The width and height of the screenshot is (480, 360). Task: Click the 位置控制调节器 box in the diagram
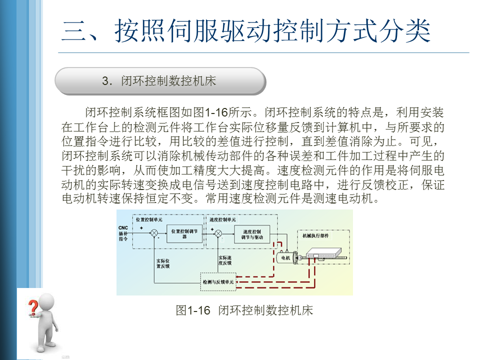(x=184, y=234)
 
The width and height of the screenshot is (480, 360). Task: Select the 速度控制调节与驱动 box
(x=252, y=234)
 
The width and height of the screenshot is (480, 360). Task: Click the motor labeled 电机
(x=286, y=257)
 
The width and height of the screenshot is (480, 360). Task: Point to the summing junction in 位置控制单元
(x=154, y=233)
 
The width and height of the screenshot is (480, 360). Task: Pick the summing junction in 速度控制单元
(x=218, y=233)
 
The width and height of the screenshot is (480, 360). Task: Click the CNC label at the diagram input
(x=123, y=227)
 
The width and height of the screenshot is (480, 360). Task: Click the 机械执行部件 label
(x=316, y=234)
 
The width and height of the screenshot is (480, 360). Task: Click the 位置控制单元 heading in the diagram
(x=148, y=219)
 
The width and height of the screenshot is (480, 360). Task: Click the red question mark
(x=32, y=305)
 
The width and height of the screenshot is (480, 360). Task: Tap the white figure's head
(x=46, y=301)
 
